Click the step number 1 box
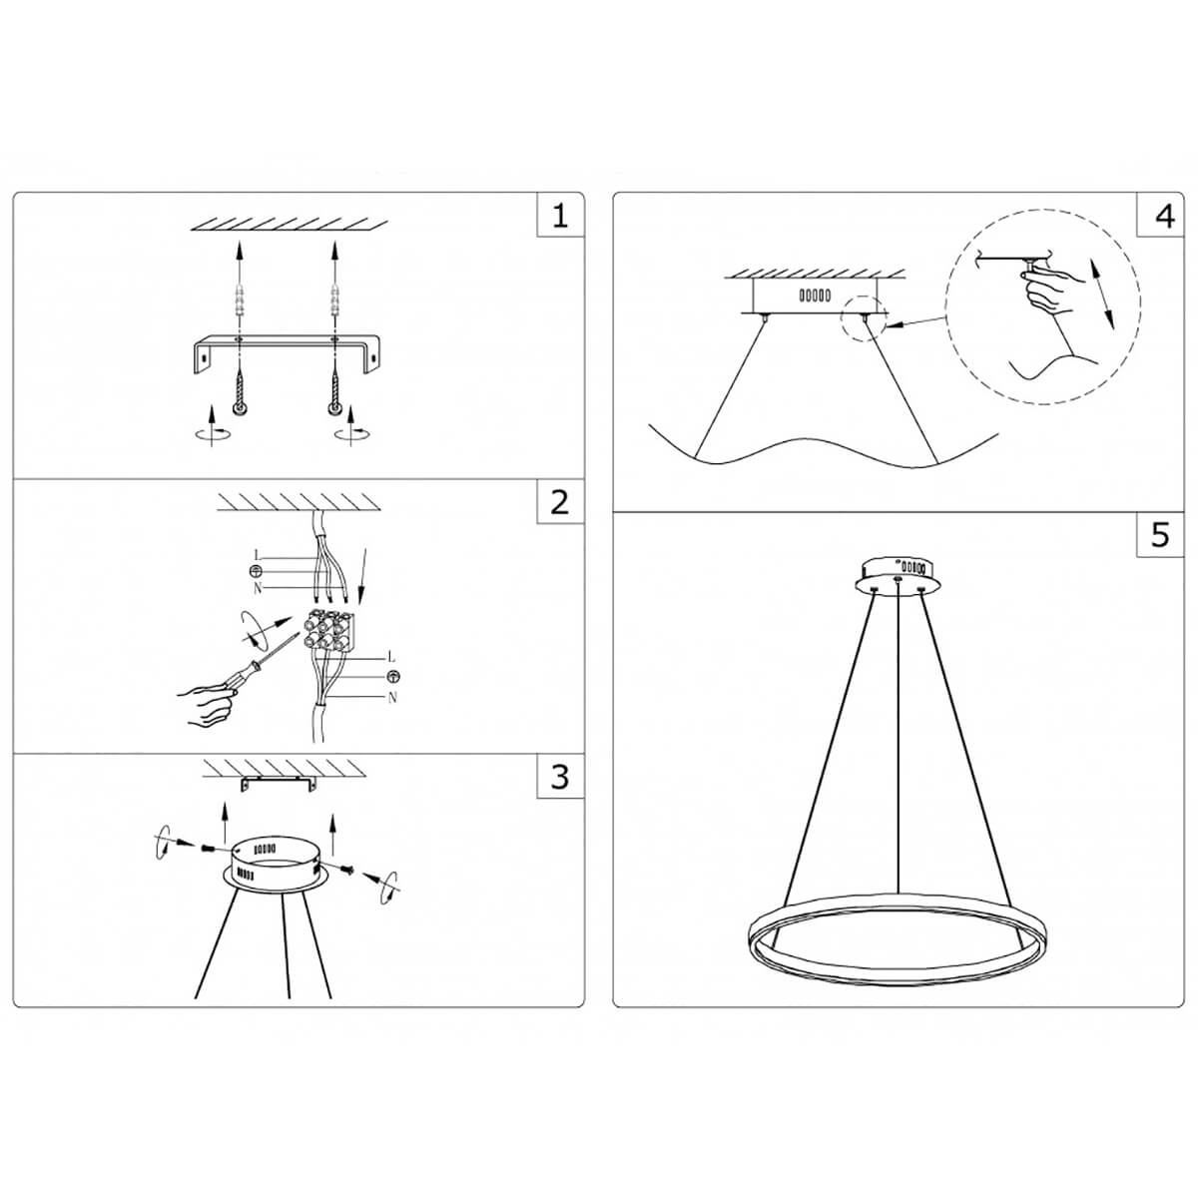[x=560, y=216]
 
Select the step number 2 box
[x=560, y=502]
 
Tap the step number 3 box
[x=560, y=776]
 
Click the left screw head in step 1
[x=240, y=409]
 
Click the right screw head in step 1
[x=332, y=409]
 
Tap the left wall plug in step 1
[x=239, y=299]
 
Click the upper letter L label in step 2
[x=257, y=555]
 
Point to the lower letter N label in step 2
[x=392, y=698]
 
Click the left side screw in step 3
[x=208, y=848]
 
